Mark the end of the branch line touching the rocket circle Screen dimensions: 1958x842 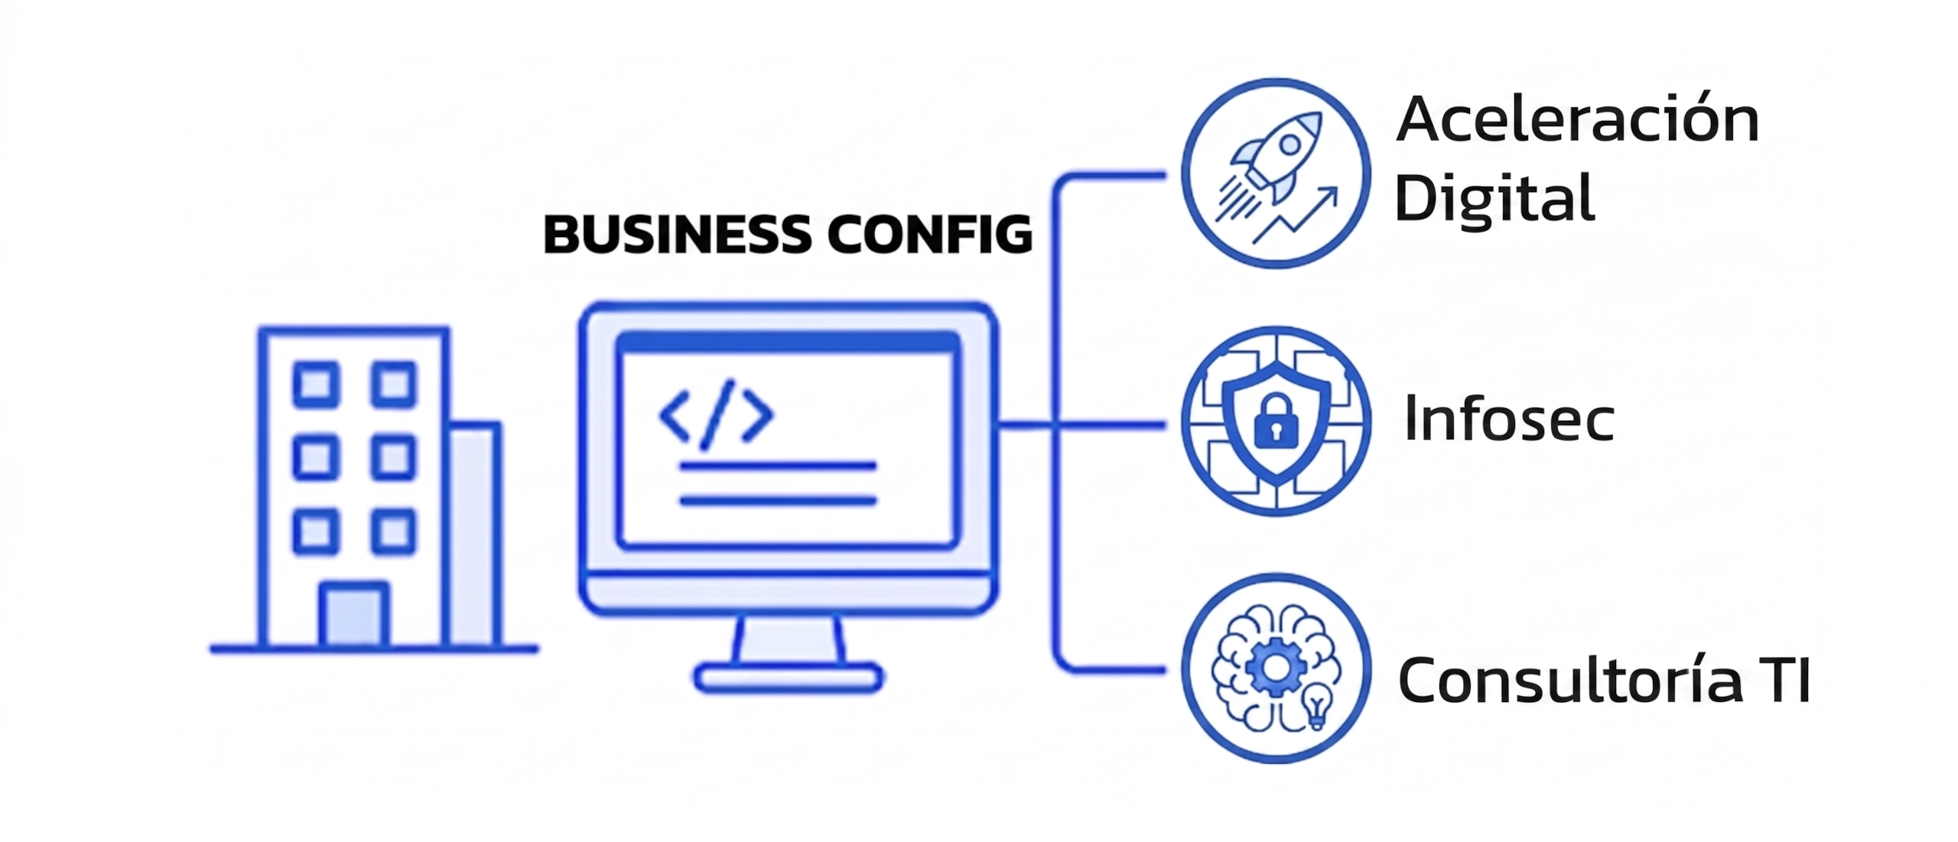pos(1165,176)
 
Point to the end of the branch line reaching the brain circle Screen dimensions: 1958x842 pos(1165,671)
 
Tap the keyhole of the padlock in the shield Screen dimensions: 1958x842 pos(1275,431)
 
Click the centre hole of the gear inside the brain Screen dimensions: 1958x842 pos(1275,668)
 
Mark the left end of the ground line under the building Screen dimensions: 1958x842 pos(213,649)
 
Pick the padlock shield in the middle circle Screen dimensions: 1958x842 pos(1276,422)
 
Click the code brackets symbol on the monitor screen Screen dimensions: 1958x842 pos(716,414)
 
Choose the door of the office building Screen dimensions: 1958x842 pos(354,615)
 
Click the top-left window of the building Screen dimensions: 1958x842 pos(316,383)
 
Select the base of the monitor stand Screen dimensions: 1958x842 pos(789,678)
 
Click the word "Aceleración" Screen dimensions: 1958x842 pos(1578,120)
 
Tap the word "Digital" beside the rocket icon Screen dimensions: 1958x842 pos(1495,198)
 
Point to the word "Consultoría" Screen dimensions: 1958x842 pos(1570,679)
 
